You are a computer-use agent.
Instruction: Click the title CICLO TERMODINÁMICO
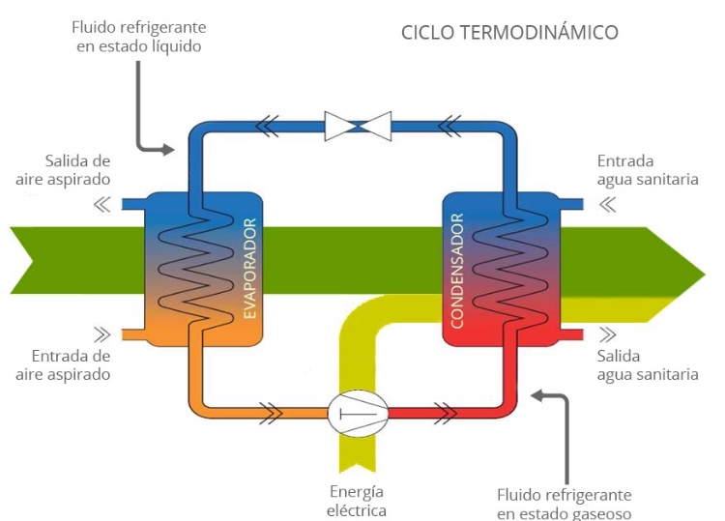click(509, 33)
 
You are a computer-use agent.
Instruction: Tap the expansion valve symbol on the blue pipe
click(358, 124)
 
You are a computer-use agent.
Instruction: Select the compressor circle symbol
click(358, 414)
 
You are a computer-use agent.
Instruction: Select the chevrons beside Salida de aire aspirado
click(100, 204)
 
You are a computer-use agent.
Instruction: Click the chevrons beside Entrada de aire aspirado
click(100, 335)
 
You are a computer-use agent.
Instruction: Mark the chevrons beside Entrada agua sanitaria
click(608, 204)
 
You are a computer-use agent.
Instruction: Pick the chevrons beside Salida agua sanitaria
click(608, 335)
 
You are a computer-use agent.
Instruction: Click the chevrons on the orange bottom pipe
click(272, 414)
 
